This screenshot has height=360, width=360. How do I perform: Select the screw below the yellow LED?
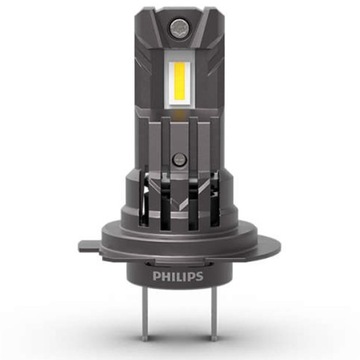click(x=180, y=160)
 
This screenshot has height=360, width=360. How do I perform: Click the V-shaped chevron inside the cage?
click(x=180, y=215)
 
